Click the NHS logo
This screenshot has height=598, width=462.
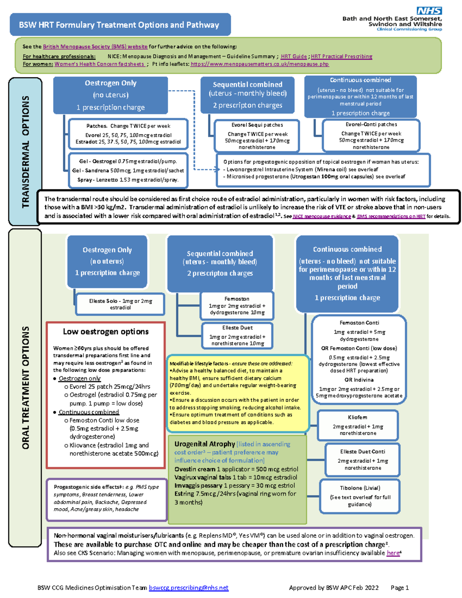click(x=429, y=11)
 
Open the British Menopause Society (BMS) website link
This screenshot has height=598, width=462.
click(x=95, y=47)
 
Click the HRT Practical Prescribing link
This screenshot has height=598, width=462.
click(x=341, y=56)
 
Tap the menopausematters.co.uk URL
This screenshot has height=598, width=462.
click(x=259, y=64)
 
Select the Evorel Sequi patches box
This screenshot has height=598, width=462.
click(x=257, y=136)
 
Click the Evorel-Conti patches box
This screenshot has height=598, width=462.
click(x=371, y=136)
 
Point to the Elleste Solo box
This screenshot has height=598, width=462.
click(x=121, y=304)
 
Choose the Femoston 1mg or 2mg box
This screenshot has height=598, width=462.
click(x=237, y=306)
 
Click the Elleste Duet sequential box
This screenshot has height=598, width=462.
click(x=238, y=335)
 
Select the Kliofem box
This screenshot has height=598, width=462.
click(x=358, y=425)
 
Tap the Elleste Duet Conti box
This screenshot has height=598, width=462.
click(x=363, y=460)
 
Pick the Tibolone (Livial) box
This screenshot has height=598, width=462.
click(x=360, y=496)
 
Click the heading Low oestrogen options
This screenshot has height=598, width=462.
click(x=105, y=332)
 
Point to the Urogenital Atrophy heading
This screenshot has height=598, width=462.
click(x=204, y=444)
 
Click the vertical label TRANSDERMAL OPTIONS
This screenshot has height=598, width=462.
click(x=25, y=152)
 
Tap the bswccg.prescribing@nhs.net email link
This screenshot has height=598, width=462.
click(x=189, y=588)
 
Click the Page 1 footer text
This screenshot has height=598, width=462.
click(x=400, y=588)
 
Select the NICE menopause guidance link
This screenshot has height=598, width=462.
click(x=322, y=216)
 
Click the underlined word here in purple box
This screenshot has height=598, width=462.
click(x=393, y=553)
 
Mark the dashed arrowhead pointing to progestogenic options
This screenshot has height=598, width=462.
click(x=218, y=169)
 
